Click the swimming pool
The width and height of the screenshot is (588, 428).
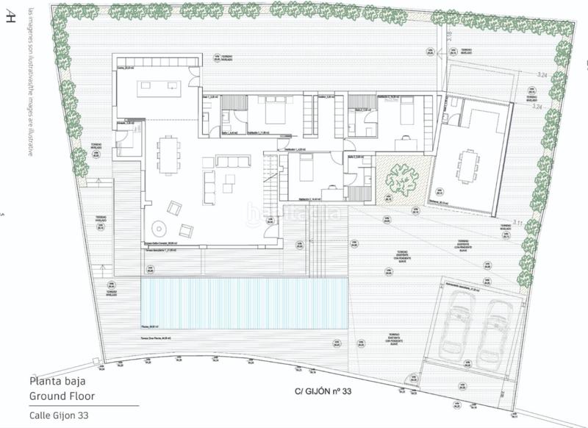click(243, 302)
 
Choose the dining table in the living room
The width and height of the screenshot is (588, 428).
click(168, 153)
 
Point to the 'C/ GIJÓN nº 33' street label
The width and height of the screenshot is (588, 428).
click(323, 393)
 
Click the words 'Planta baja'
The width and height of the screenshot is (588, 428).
click(55, 382)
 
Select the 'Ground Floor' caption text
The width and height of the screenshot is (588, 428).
click(62, 396)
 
